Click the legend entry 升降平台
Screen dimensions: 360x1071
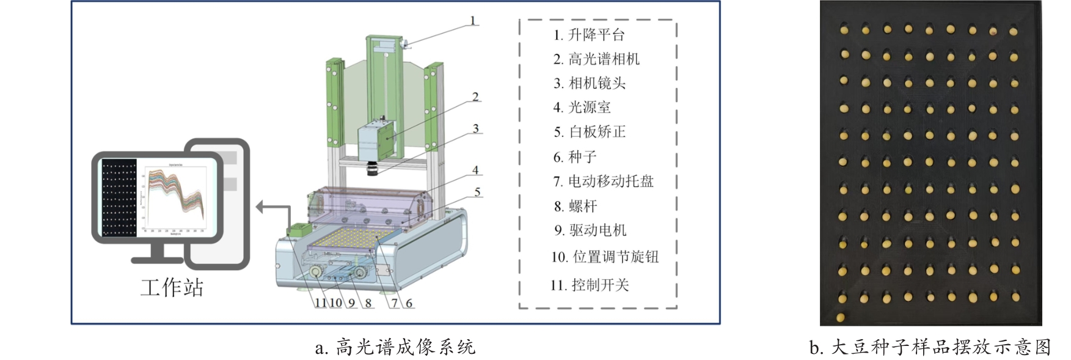tap(589, 35)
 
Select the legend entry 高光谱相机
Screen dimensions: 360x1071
tap(596, 59)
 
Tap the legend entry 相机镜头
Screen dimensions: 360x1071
tap(590, 83)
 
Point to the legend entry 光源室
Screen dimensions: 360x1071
tap(582, 108)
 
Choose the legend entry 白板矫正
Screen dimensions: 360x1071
tap(590, 132)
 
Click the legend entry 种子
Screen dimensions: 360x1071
tap(574, 157)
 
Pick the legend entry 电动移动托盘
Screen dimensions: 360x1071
tap(603, 182)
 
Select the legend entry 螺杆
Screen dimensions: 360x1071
tap(575, 206)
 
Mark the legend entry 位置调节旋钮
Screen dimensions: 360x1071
tap(605, 257)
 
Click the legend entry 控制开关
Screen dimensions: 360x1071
tap(590, 285)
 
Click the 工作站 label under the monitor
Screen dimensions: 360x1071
tap(172, 287)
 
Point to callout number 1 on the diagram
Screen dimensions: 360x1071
tap(472, 21)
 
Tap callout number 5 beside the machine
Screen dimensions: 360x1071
tap(477, 192)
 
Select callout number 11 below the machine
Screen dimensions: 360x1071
tap(321, 303)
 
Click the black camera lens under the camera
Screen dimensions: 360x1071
tap(373, 169)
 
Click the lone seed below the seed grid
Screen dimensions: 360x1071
tap(841, 317)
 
